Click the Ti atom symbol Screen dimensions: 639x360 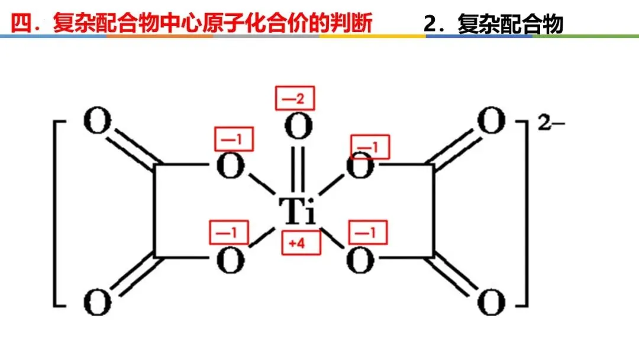coord(297,209)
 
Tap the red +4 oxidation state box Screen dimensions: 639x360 coord(301,243)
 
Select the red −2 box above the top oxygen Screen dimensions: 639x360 coord(295,98)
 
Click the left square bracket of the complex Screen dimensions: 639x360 coord(58,213)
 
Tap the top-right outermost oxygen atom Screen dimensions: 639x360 coord(491,123)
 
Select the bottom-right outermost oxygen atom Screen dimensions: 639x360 coord(491,303)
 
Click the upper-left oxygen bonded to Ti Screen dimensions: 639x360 coord(230,168)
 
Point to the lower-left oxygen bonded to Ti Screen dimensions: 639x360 coord(230,261)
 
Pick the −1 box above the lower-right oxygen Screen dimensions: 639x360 coord(368,233)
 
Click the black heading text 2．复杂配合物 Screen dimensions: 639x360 coord(493,24)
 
